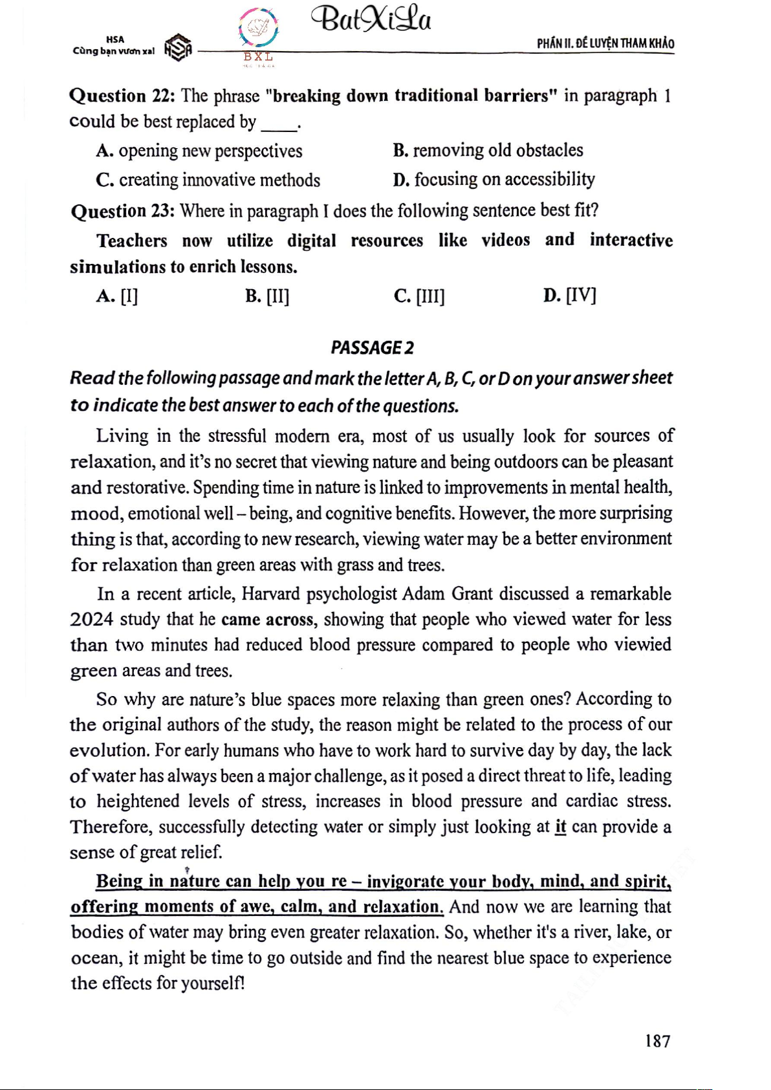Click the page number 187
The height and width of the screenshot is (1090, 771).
coord(657,1041)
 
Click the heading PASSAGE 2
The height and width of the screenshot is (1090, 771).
coord(372,348)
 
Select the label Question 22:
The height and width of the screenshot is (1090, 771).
coord(122,96)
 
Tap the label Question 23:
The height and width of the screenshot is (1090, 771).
coord(122,211)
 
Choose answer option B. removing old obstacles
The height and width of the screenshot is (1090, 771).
coord(488,150)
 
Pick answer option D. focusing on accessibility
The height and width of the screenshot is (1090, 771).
coord(494,179)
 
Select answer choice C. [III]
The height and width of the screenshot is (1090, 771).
coord(419,296)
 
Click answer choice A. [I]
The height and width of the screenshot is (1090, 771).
coord(117,296)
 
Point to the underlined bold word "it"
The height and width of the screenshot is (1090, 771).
coord(560,827)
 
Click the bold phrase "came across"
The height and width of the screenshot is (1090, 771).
coord(268,620)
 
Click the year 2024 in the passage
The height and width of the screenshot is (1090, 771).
coord(91,620)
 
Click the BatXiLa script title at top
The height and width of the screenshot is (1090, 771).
coord(371,19)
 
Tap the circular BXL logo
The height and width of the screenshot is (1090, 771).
coord(259,29)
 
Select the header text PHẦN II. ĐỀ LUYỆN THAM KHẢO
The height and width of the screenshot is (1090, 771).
coord(605,43)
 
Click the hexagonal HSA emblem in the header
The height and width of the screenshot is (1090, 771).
coord(178,48)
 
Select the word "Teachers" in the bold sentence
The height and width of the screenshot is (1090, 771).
coord(132,241)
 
